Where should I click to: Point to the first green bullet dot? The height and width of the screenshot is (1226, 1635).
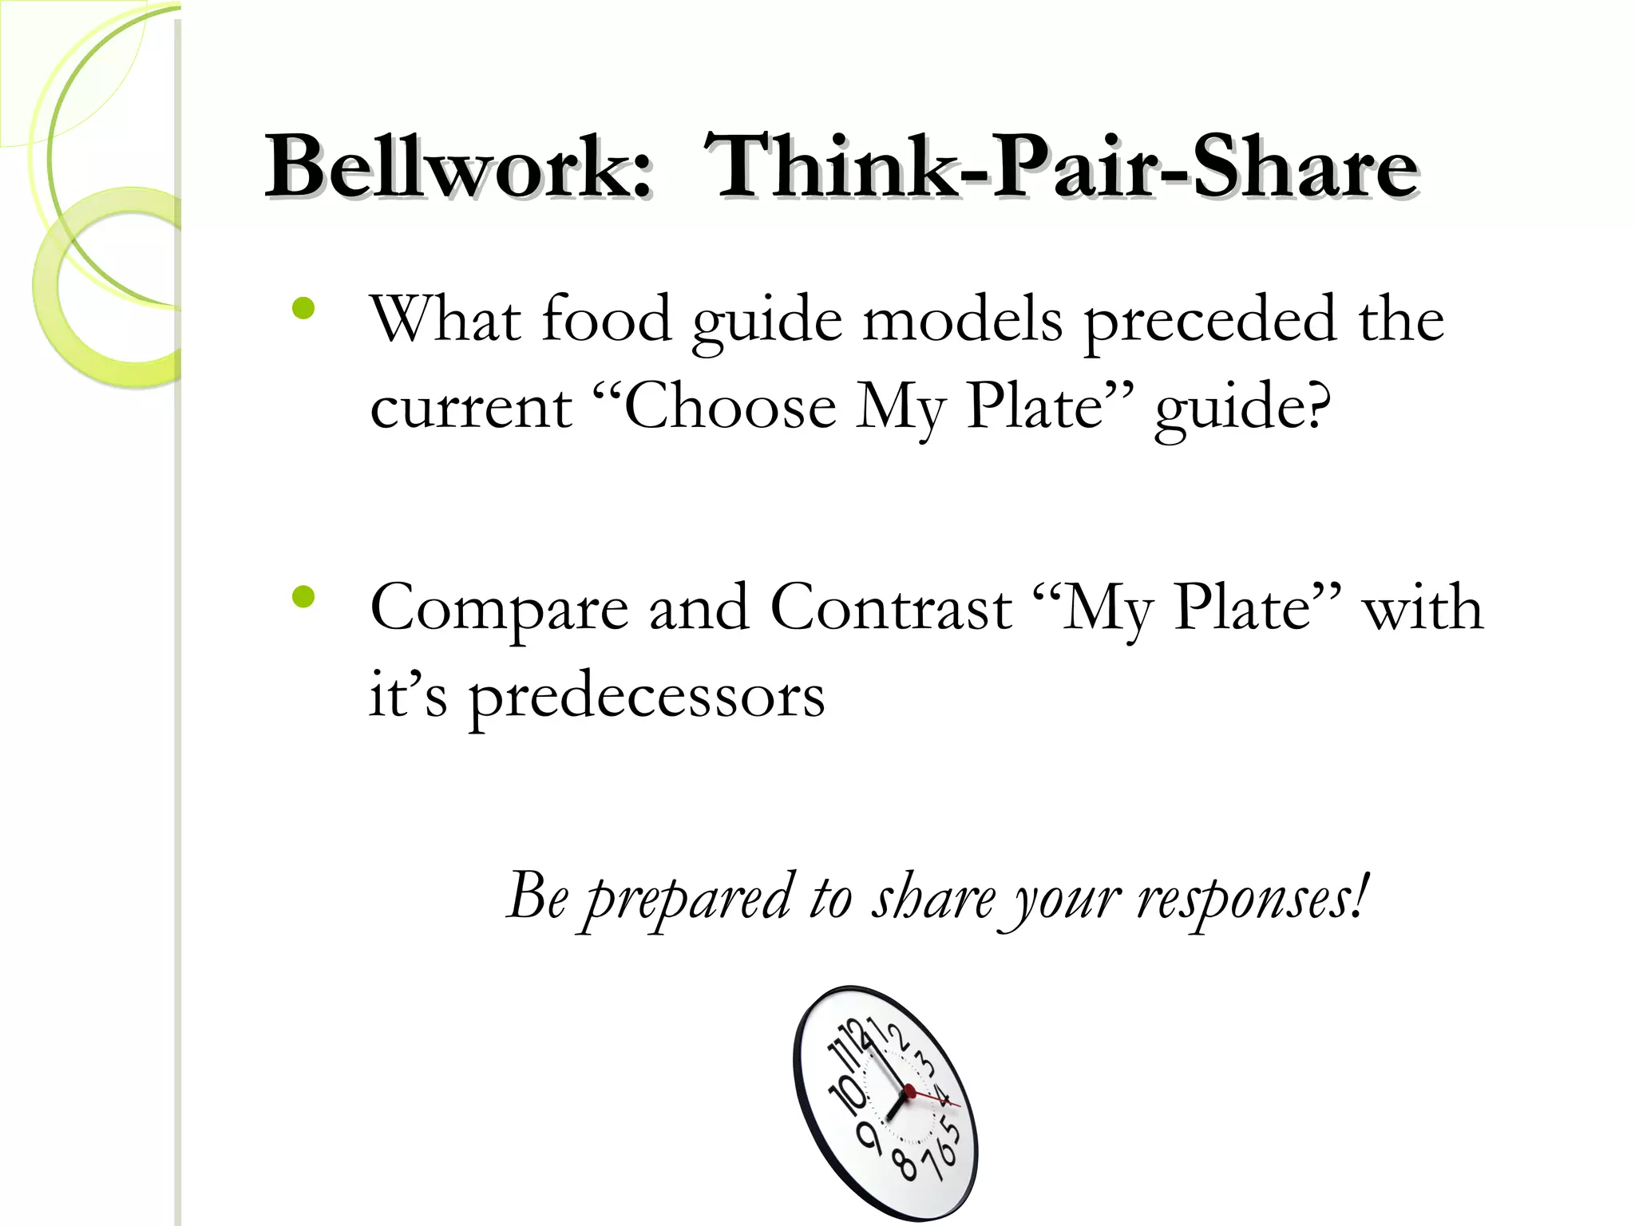coord(303,309)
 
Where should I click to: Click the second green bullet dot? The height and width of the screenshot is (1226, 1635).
coord(303,597)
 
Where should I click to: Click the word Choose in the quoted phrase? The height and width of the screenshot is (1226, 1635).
coord(730,407)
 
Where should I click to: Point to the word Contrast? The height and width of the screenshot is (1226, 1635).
coord(891,608)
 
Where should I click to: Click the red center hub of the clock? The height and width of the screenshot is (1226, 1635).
coord(909,1090)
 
